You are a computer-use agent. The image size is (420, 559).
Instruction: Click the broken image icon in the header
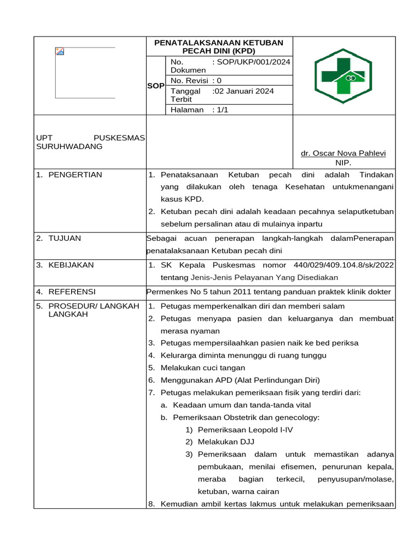pos(60,51)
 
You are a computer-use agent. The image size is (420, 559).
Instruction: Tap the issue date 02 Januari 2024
pos(243,91)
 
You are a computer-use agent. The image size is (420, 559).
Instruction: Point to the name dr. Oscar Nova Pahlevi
pos(343,153)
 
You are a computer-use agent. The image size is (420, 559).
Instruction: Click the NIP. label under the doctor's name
pos(343,163)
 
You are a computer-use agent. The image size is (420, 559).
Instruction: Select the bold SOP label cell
pos(156,86)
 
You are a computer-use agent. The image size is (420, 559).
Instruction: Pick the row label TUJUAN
pos(65,238)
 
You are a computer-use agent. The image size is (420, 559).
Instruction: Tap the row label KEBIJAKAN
pos(71,265)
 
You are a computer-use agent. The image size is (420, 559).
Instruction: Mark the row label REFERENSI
pos(72,292)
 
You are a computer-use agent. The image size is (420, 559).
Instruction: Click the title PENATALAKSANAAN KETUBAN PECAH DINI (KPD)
pos(219,46)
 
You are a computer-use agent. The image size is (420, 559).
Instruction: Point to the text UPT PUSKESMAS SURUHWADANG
pos(90,142)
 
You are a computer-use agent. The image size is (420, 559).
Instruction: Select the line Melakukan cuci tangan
pos(203,367)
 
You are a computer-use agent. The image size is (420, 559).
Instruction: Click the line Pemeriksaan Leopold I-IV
pos(245,430)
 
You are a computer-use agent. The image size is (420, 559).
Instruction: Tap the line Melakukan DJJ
pos(226,442)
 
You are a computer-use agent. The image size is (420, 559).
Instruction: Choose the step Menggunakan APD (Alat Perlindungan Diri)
pos(240,380)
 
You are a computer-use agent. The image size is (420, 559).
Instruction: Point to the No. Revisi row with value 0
pos(197,81)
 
